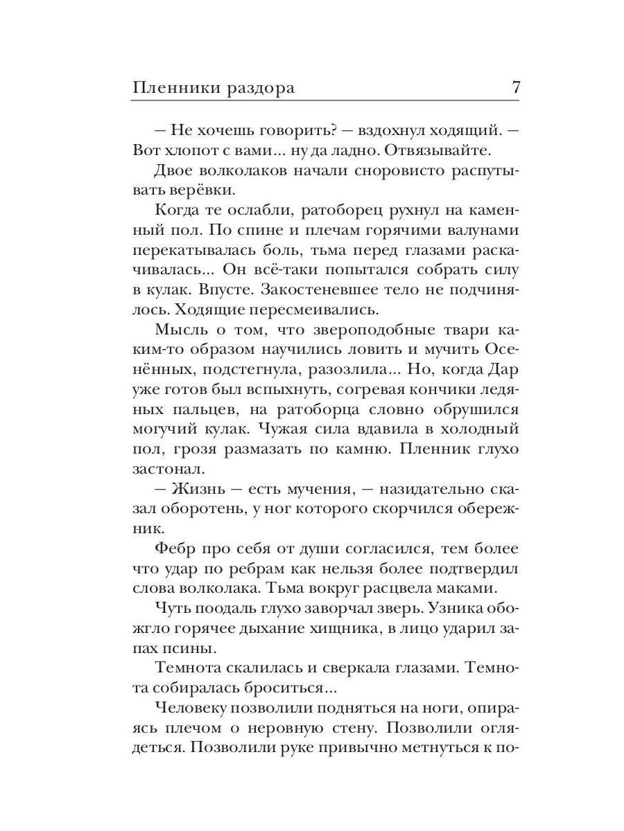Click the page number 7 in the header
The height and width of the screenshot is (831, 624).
514,88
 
